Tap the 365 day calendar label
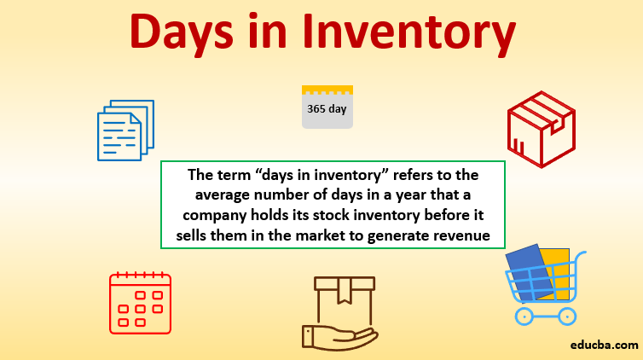327,109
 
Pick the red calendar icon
140,303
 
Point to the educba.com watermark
604,345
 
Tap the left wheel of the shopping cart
524,316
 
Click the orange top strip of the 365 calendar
327,90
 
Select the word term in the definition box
232,175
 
